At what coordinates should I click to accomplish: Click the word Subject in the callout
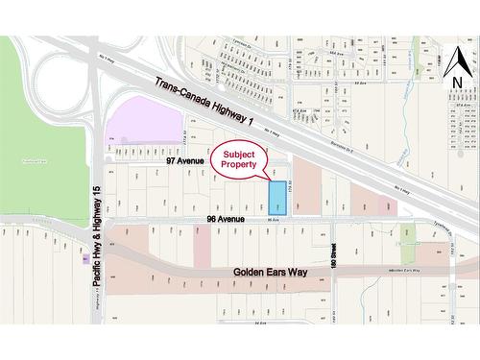[x=240, y=154]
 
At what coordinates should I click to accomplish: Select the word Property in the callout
[x=240, y=165]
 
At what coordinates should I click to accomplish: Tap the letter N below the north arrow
[x=457, y=84]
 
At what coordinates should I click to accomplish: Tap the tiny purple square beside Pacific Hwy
[x=87, y=258]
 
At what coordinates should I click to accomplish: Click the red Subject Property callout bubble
[x=240, y=159]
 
